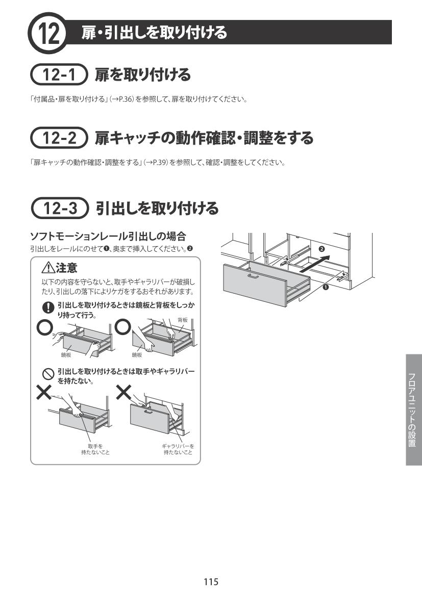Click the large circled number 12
tap(47, 33)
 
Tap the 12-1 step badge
tap(59, 74)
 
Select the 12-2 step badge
tap(59, 137)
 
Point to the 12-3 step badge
tap(60, 208)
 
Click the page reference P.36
tap(125, 100)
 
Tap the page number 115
tap(211, 581)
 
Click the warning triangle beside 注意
tap(48, 269)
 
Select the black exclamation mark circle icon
tap(48, 307)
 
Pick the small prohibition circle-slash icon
tap(48, 374)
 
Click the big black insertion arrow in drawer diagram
tap(314, 264)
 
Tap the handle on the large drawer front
tap(253, 276)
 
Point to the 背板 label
tap(183, 320)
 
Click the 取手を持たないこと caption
tap(95, 449)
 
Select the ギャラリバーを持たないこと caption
tap(178, 449)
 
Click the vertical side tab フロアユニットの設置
tap(414, 410)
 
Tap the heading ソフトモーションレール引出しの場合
tap(108, 236)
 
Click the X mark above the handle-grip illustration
tap(44, 392)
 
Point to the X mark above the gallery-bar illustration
tap(123, 392)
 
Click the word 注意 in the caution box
tap(67, 268)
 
